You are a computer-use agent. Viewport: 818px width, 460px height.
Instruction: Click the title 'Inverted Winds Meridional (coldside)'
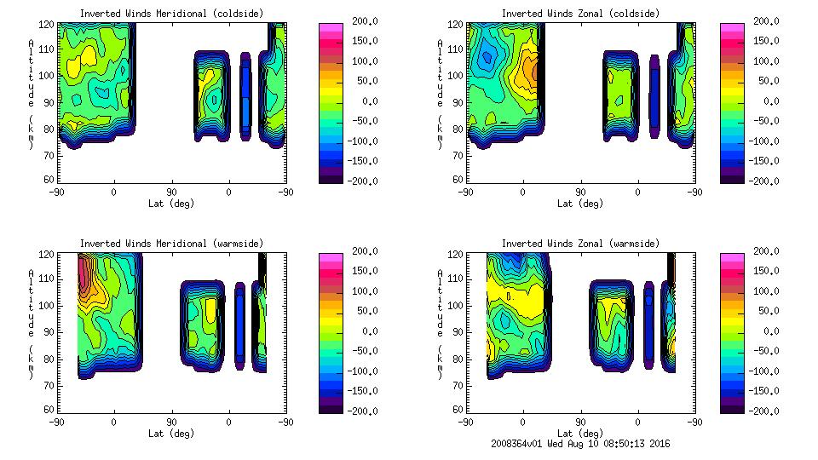(x=172, y=14)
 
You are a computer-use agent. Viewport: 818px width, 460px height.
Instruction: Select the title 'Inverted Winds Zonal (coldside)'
(x=580, y=14)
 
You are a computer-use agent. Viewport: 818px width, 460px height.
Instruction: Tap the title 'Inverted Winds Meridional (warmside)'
(x=172, y=244)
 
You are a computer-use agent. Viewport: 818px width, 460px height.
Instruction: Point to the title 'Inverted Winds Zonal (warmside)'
(x=580, y=244)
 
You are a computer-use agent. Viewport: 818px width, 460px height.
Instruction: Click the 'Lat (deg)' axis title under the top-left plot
(x=172, y=204)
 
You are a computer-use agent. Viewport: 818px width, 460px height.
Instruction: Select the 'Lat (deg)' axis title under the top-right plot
(x=580, y=204)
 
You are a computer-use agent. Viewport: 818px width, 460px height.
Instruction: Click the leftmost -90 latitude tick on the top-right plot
(x=465, y=193)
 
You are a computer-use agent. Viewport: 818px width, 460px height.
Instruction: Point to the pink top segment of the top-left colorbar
(x=331, y=27)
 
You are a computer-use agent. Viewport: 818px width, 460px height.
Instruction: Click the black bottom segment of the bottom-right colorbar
(x=732, y=406)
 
